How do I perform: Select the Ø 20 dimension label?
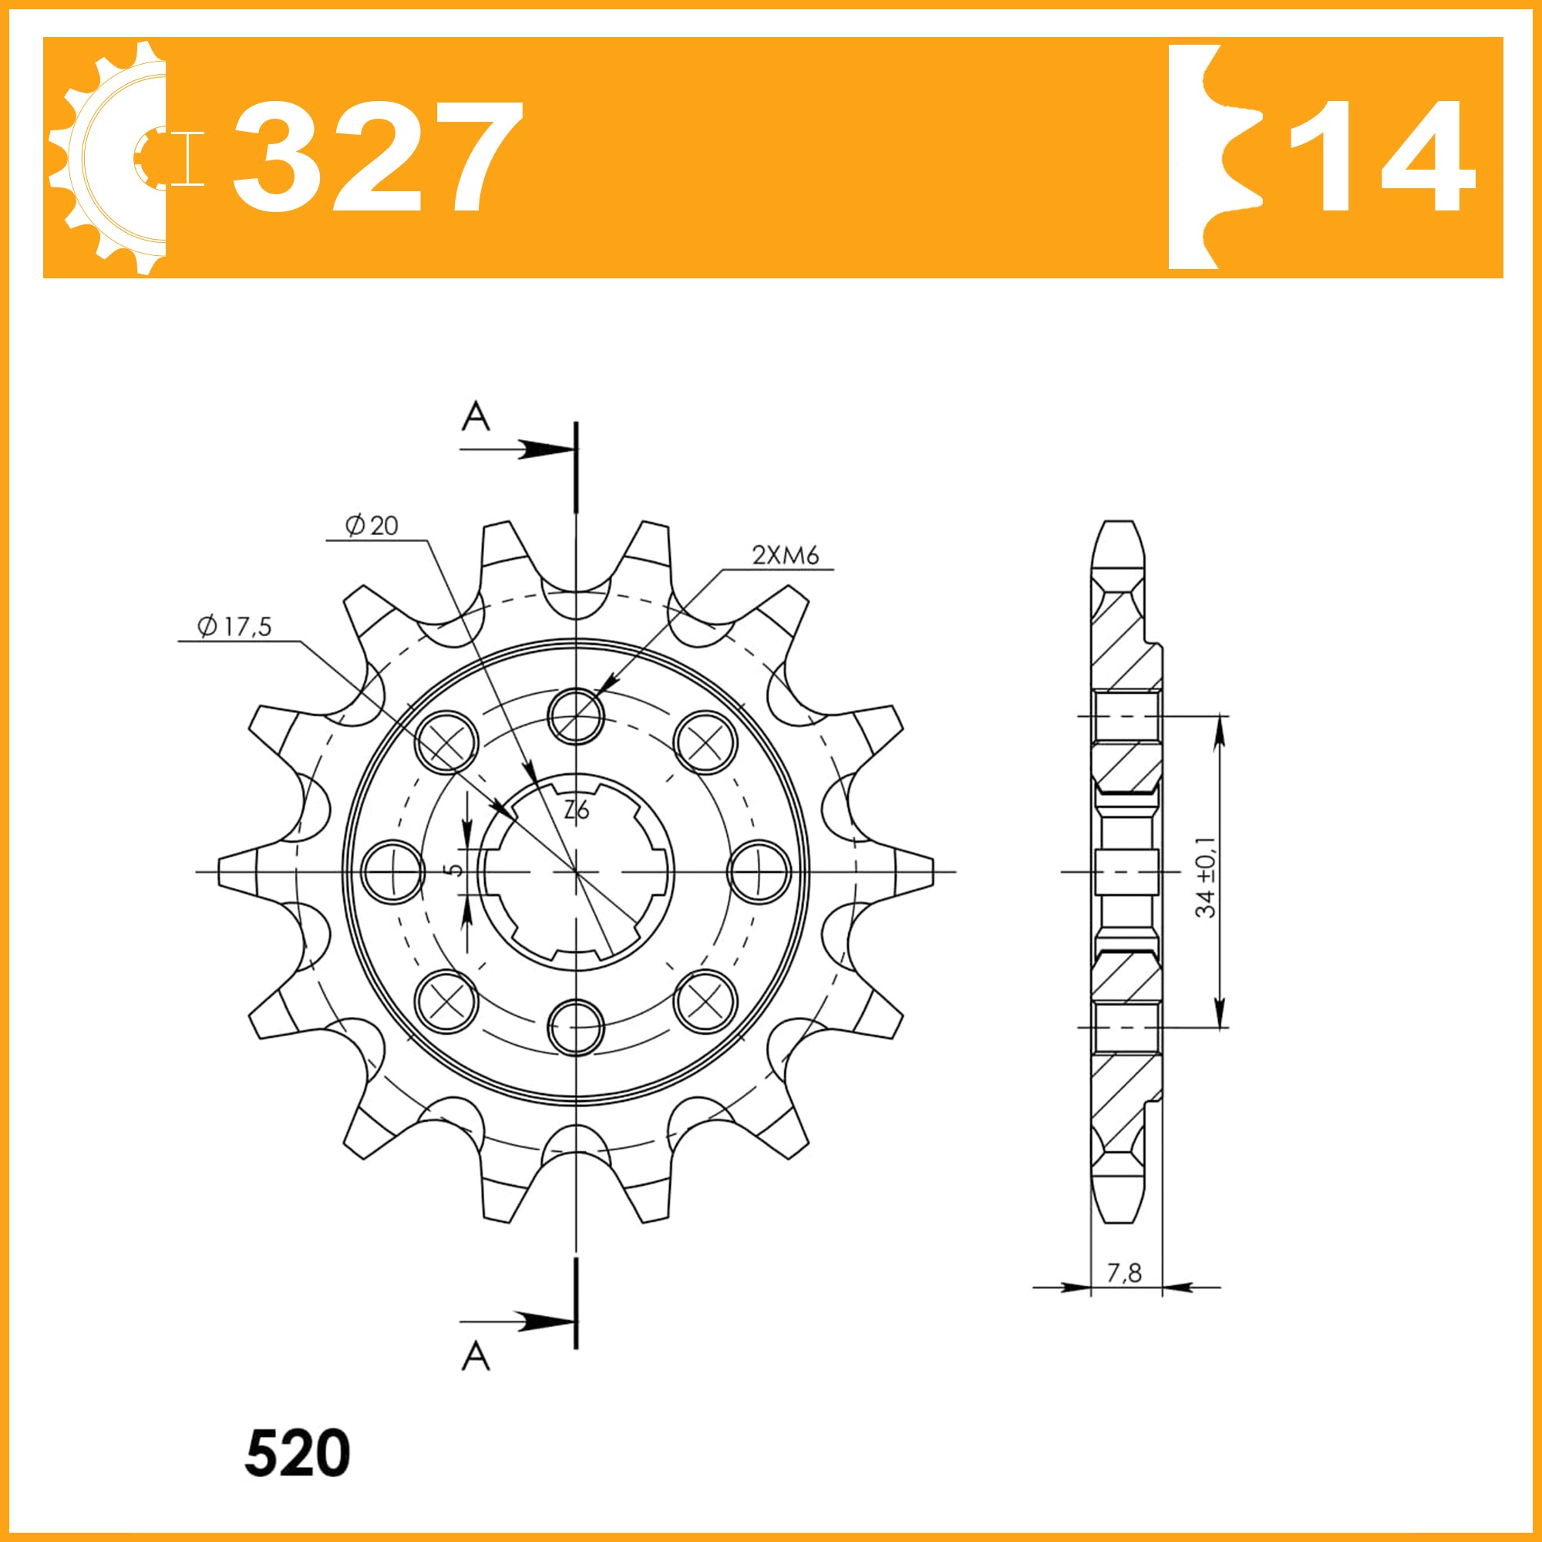pos(371,525)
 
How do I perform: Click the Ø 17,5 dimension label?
pos(234,627)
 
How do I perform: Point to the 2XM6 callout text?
pos(786,554)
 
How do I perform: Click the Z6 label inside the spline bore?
pos(576,811)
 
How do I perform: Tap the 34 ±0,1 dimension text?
pos(1205,877)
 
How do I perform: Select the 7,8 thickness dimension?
pos(1124,1272)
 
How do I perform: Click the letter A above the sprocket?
pos(476,416)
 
